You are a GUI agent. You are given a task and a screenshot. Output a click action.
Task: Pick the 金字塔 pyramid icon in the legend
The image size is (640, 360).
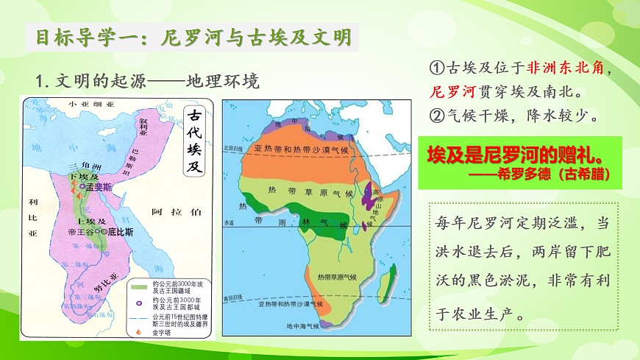tap(138, 333)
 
